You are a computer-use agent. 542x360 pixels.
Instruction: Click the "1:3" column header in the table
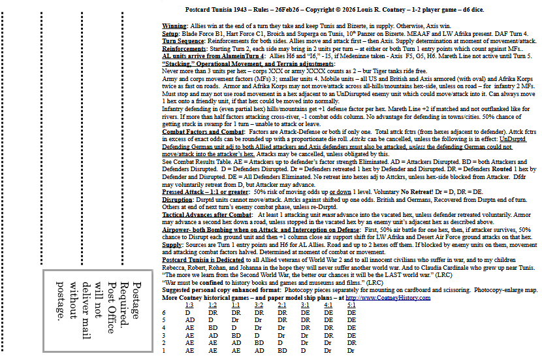click(x=189, y=305)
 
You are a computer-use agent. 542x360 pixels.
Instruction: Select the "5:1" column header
click(x=351, y=305)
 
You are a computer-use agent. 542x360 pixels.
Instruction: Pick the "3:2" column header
click(x=259, y=305)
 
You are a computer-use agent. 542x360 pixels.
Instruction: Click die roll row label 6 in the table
click(x=164, y=313)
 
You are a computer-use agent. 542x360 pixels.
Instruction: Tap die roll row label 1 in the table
click(x=164, y=351)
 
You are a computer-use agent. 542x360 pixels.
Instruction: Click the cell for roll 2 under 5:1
click(x=352, y=343)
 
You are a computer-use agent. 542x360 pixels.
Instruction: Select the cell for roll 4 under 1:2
click(x=213, y=328)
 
